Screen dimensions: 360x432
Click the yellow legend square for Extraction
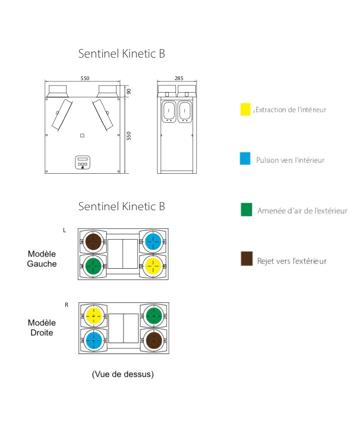pyautogui.click(x=245, y=109)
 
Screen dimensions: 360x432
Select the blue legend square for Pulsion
pyautogui.click(x=245, y=158)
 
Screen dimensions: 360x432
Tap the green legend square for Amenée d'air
pyautogui.click(x=246, y=210)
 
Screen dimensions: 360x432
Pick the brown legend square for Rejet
pyautogui.click(x=247, y=258)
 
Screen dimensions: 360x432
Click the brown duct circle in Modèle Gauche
pyautogui.click(x=93, y=242)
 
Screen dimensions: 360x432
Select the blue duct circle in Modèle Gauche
pyautogui.click(x=153, y=242)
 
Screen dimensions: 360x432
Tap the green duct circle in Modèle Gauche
pyautogui.click(x=93, y=266)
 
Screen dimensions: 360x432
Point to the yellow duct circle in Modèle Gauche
pyautogui.click(x=153, y=266)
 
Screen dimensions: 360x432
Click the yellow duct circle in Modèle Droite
pyautogui.click(x=94, y=316)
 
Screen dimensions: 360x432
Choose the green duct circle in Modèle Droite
pyautogui.click(x=154, y=316)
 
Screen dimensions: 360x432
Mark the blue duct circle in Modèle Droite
pyautogui.click(x=94, y=341)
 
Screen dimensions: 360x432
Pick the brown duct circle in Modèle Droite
pyautogui.click(x=154, y=341)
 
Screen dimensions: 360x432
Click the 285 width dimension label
pyautogui.click(x=179, y=78)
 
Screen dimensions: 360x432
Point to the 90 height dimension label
pyautogui.click(x=129, y=91)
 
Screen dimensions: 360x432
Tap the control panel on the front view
pyautogui.click(x=83, y=162)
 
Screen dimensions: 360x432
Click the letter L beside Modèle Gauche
pyautogui.click(x=64, y=230)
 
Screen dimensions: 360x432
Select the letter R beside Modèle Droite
pyautogui.click(x=67, y=305)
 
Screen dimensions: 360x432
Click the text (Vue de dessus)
pyautogui.click(x=123, y=374)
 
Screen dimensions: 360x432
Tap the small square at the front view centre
pyautogui.click(x=82, y=135)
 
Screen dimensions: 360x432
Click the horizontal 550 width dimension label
pyautogui.click(x=85, y=78)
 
